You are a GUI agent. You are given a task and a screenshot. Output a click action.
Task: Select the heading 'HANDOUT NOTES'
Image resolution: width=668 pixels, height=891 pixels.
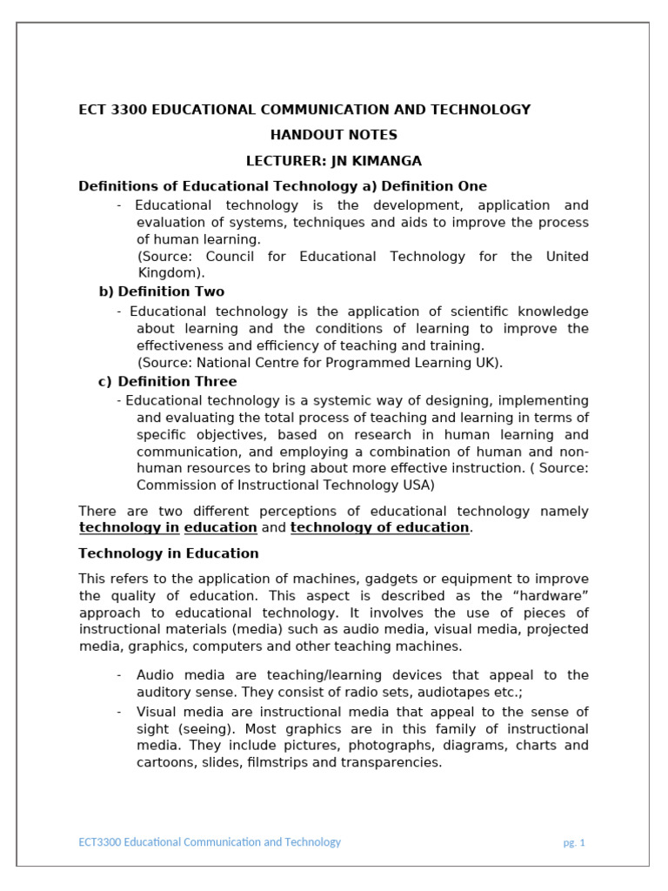pos(333,135)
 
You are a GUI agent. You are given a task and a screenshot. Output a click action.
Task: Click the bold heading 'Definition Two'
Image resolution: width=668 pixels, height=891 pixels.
pos(170,291)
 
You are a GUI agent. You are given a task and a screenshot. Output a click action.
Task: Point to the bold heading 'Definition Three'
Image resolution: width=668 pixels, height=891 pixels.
pos(177,381)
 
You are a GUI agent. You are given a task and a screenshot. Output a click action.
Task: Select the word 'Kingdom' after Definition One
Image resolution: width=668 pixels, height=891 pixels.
pos(168,272)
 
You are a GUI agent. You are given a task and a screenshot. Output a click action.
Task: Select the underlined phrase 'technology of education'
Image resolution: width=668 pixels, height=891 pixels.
pos(379,527)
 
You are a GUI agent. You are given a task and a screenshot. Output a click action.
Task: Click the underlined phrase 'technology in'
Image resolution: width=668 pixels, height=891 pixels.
pos(129,527)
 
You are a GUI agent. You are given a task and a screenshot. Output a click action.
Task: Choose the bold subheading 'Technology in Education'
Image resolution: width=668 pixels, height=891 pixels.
pos(169,553)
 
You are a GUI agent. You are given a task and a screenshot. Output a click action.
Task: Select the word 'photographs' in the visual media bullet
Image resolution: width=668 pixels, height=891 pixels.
pos(360,746)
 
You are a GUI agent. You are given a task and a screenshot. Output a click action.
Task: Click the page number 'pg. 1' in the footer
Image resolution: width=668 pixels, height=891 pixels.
pos(573,843)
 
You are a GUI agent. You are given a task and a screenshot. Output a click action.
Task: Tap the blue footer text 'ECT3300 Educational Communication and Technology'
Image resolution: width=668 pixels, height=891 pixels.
pos(210,842)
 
